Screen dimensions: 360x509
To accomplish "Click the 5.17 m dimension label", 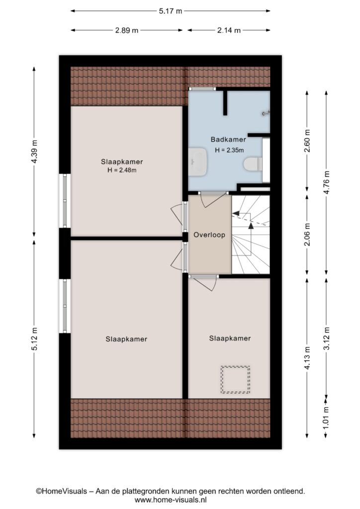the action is [171, 11].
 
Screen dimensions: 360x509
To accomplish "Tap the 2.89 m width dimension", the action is [127, 30].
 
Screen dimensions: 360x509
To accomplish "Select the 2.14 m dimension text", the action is [229, 30].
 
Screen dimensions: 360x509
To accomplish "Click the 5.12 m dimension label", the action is [34, 338].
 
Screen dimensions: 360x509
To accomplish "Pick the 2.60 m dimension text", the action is [307, 141].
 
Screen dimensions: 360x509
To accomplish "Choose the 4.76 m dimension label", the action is [327, 182].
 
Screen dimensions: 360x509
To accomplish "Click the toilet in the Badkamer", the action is [253, 164].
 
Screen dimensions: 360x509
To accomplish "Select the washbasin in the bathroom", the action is [198, 162].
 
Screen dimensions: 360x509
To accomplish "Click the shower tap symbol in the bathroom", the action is [266, 113].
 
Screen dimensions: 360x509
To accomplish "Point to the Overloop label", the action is [209, 235].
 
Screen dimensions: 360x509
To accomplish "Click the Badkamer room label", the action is [228, 140].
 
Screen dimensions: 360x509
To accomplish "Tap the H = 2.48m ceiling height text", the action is [122, 170].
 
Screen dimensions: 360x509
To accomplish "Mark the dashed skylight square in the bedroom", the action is [235, 379].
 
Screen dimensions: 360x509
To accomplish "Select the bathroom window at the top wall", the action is [202, 88].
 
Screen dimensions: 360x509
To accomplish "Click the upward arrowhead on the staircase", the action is [251, 226].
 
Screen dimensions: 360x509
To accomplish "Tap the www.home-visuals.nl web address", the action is [171, 500].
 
